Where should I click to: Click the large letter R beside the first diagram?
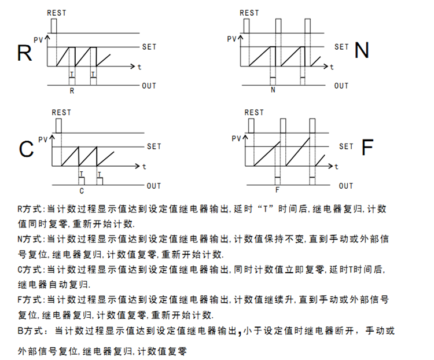(24, 53)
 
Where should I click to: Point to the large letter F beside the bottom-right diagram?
(367, 148)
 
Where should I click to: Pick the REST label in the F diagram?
(254, 112)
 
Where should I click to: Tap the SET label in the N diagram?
(341, 46)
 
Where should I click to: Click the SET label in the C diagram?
(154, 146)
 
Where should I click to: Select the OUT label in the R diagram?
(149, 86)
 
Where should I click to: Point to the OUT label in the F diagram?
(345, 186)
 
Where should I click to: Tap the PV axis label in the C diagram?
(42, 139)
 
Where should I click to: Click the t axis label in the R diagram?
(139, 67)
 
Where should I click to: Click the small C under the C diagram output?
(82, 190)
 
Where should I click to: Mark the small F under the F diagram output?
(277, 189)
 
